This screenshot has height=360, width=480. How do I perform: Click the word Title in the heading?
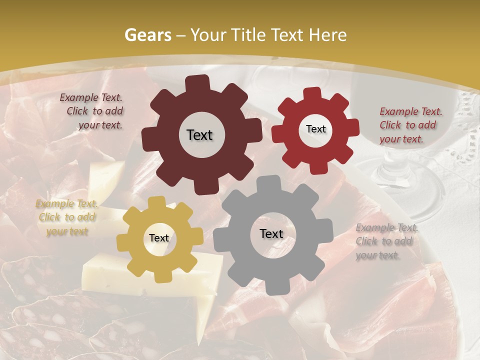[x=248, y=35]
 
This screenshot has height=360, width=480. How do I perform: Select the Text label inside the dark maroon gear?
[x=199, y=135]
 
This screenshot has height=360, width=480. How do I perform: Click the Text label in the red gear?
[x=315, y=129]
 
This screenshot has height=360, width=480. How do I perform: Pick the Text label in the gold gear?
[x=158, y=238]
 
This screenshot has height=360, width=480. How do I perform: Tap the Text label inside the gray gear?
[x=271, y=233]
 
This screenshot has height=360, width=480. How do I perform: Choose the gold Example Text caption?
[x=66, y=217]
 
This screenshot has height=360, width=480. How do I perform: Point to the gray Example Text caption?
[x=386, y=241]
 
